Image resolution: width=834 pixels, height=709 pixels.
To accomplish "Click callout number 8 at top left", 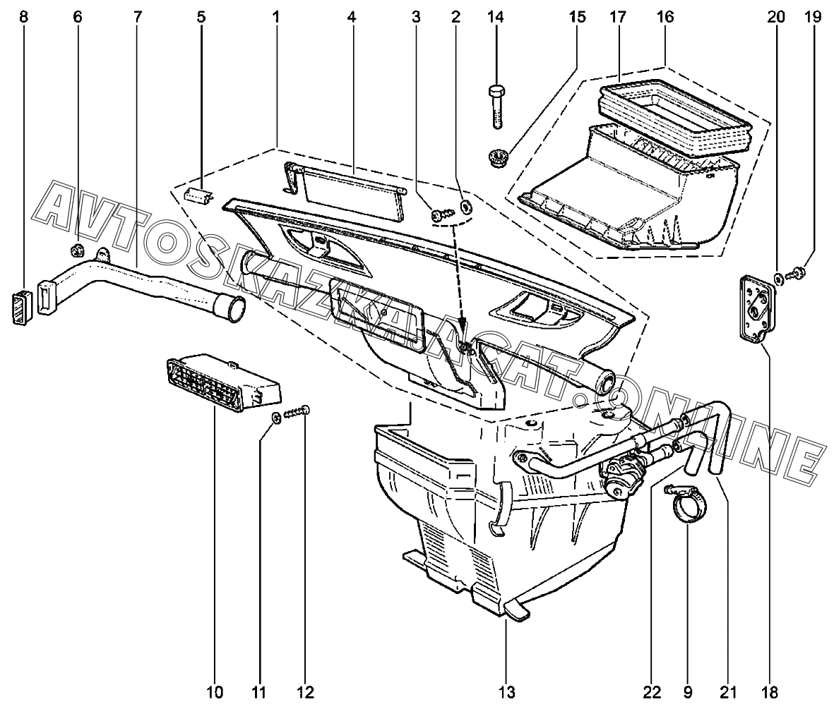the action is pos(23,17).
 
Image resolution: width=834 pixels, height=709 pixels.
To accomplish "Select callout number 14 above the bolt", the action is pos(495,17).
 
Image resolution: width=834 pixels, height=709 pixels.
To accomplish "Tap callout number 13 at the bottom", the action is pos(507,692).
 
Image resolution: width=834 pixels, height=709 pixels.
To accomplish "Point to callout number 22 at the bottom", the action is pos(652,692).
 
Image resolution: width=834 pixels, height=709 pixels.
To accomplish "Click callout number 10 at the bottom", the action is pos(215,692).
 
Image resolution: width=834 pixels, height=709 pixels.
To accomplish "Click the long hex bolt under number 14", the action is pos(496,107).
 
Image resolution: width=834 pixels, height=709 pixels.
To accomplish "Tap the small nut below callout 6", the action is pos(77,249).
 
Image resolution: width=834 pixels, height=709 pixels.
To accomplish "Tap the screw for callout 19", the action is pos(798,273).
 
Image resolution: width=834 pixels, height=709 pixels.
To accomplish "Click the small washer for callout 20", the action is pos(778,277).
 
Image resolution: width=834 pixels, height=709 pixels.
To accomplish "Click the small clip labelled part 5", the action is pos(198,195).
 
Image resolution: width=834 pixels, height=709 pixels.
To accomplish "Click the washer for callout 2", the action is pos(467,205).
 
